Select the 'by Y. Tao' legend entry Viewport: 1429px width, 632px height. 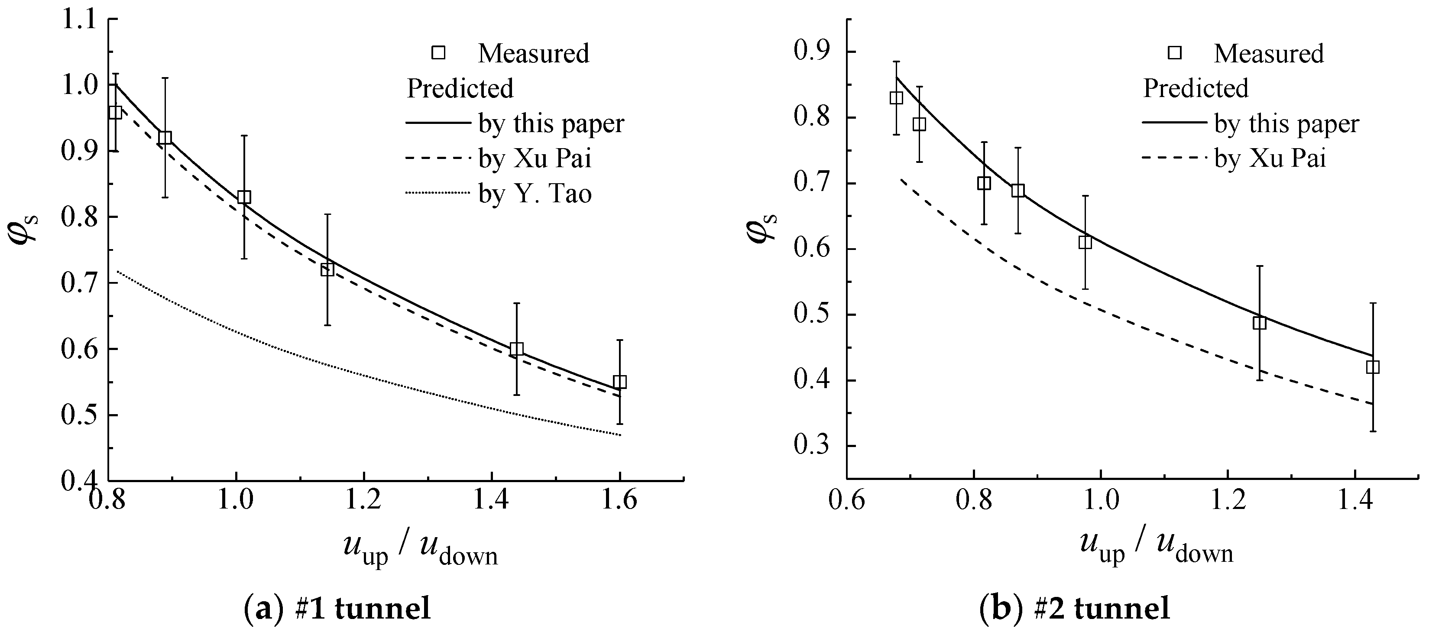535,194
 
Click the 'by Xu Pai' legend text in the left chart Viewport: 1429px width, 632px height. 535,159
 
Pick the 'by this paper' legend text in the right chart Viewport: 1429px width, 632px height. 1286,124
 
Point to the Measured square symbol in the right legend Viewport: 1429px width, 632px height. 1174,53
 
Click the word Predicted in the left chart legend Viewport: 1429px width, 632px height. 460,89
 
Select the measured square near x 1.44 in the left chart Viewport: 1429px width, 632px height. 516,349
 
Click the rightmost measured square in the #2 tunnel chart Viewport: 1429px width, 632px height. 1372,367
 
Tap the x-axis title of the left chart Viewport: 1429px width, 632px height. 420,551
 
